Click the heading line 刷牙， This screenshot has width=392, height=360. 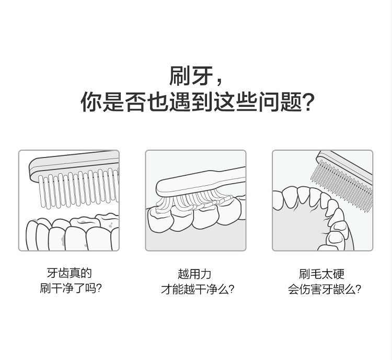pyautogui.click(x=196, y=75)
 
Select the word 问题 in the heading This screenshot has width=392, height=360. pyautogui.click(x=280, y=102)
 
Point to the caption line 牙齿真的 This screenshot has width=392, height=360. pyautogui.click(x=70, y=273)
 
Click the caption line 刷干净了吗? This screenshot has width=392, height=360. pyautogui.click(x=71, y=288)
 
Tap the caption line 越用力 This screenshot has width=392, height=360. pyautogui.click(x=194, y=274)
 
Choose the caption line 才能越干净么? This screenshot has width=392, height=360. pyautogui.click(x=198, y=289)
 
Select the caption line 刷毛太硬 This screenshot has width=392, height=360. pyautogui.click(x=322, y=274)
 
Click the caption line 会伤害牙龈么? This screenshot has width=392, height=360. pyautogui.click(x=325, y=289)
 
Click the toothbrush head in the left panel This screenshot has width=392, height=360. pyautogui.click(x=74, y=165)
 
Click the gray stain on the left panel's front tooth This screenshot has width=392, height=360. pyautogui.click(x=63, y=240)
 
